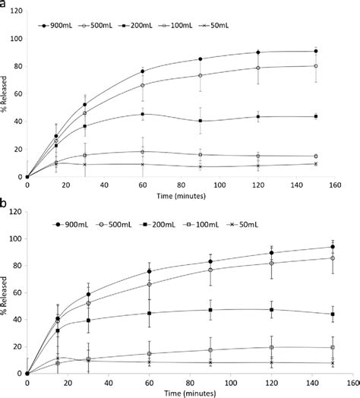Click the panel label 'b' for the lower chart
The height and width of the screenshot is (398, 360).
coord(5,204)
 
